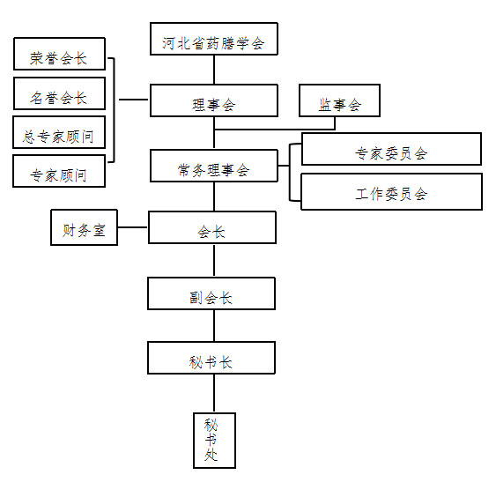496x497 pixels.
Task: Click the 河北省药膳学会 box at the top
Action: pyautogui.click(x=214, y=39)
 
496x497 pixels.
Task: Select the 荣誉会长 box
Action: pyautogui.click(x=59, y=54)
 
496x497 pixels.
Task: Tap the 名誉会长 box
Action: pyautogui.click(x=59, y=93)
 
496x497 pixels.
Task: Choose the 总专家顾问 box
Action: pyautogui.click(x=59, y=132)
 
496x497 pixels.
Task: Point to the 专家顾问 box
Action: pyautogui.click(x=59, y=171)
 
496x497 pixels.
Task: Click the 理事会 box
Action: pyautogui.click(x=214, y=100)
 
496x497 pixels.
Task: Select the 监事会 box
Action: pyautogui.click(x=339, y=100)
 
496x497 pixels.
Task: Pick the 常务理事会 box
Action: pyautogui.click(x=214, y=166)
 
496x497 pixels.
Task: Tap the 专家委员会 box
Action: pyautogui.click(x=391, y=149)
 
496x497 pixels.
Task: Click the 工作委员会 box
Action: pyautogui.click(x=391, y=191)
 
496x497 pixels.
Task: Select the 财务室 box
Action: pyautogui.click(x=84, y=227)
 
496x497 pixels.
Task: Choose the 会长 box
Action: pyautogui.click(x=212, y=227)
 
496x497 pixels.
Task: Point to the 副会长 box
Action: pyautogui.click(x=211, y=293)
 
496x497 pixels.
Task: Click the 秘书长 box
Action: pyautogui.click(x=211, y=358)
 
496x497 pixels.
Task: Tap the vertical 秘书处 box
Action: pyautogui.click(x=215, y=441)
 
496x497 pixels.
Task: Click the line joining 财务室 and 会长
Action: pyautogui.click(x=133, y=227)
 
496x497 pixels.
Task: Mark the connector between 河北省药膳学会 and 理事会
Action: pyautogui.click(x=214, y=70)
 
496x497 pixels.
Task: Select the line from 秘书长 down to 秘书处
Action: pyautogui.click(x=214, y=393)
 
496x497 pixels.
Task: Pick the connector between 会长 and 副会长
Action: pyautogui.click(x=214, y=261)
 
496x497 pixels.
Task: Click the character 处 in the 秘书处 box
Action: pyautogui.click(x=211, y=456)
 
